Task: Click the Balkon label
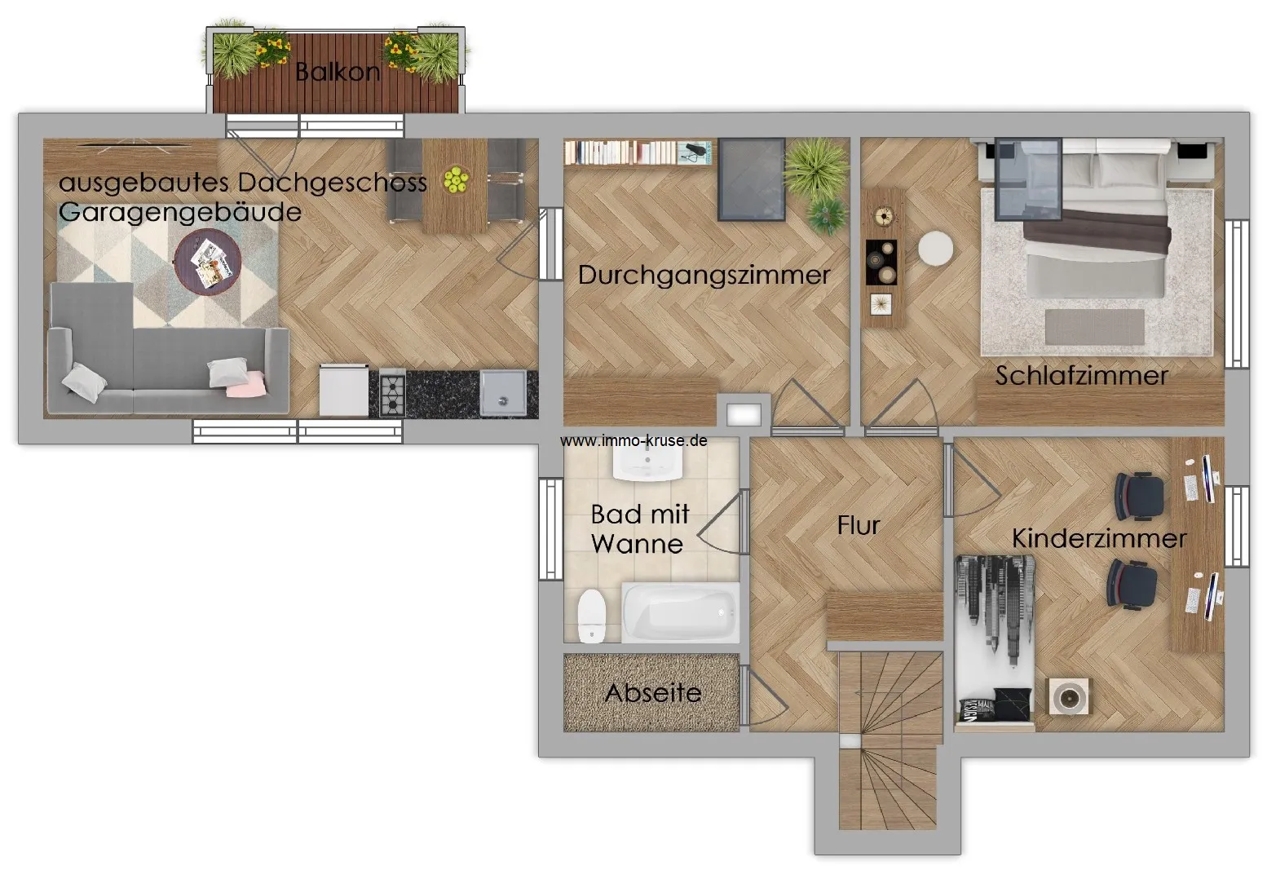click(x=338, y=72)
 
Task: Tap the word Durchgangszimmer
click(x=704, y=276)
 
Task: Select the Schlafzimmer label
click(x=1081, y=376)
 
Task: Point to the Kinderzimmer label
click(x=1099, y=538)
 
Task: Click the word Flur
click(x=858, y=525)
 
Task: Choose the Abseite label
click(x=653, y=693)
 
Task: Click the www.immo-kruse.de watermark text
click(x=633, y=440)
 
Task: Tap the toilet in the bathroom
click(x=592, y=616)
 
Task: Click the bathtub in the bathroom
click(x=681, y=612)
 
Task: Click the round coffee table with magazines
click(x=208, y=262)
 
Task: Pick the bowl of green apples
click(x=455, y=180)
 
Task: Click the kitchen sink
click(x=503, y=393)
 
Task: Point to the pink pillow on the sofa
click(x=246, y=385)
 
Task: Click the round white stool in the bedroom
click(x=935, y=249)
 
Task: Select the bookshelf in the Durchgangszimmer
click(x=638, y=152)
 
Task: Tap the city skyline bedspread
click(x=995, y=639)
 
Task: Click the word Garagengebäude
click(x=180, y=213)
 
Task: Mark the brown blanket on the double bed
click(x=1097, y=232)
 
